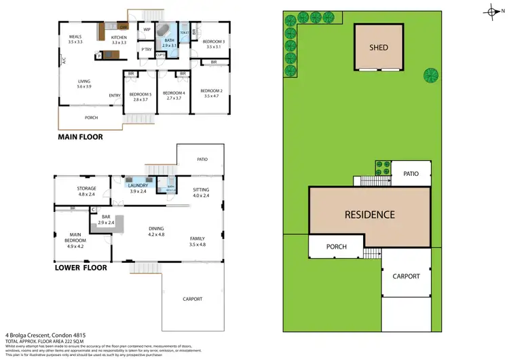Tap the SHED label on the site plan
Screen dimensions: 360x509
pyautogui.click(x=378, y=48)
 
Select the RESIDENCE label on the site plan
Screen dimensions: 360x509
pyautogui.click(x=369, y=215)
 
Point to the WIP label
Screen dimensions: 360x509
pyautogui.click(x=147, y=29)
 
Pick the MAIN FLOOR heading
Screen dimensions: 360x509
pyautogui.click(x=81, y=137)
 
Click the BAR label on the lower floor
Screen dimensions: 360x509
pyautogui.click(x=106, y=218)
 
